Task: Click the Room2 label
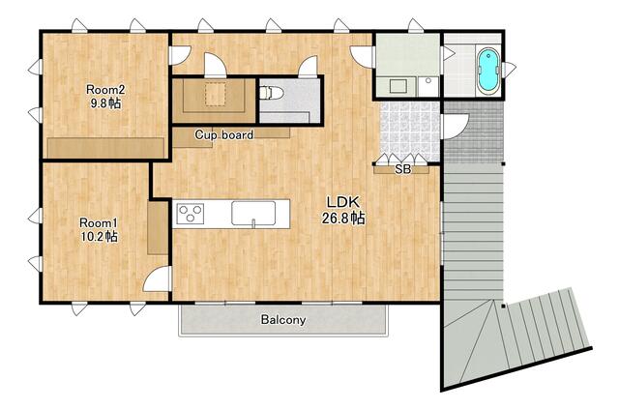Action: (x=105, y=90)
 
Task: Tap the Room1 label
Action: (x=99, y=222)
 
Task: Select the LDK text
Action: (x=343, y=202)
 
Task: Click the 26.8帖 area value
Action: (x=343, y=218)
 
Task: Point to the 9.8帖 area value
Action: (x=105, y=103)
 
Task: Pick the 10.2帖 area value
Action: (x=99, y=237)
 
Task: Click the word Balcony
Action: (x=283, y=319)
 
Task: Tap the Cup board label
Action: (x=223, y=135)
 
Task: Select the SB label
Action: (x=402, y=170)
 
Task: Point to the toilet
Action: (x=272, y=93)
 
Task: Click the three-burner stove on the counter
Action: (x=191, y=214)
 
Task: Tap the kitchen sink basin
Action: (x=253, y=214)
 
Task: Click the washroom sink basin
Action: (x=398, y=86)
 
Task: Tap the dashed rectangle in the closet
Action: (x=215, y=94)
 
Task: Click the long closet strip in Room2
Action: (x=105, y=148)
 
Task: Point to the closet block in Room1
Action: (x=158, y=228)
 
